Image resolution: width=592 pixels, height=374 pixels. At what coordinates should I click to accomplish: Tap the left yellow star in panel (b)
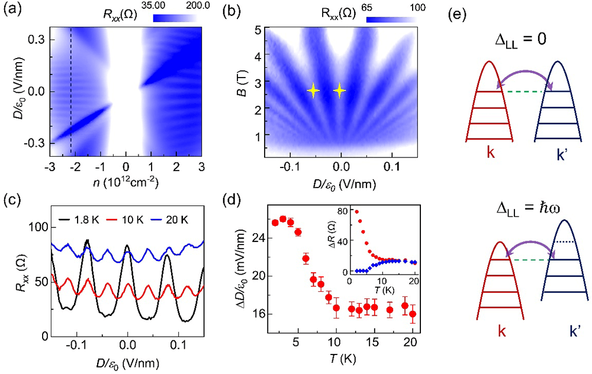point(313,91)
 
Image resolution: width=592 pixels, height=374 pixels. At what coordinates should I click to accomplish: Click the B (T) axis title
point(244,89)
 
